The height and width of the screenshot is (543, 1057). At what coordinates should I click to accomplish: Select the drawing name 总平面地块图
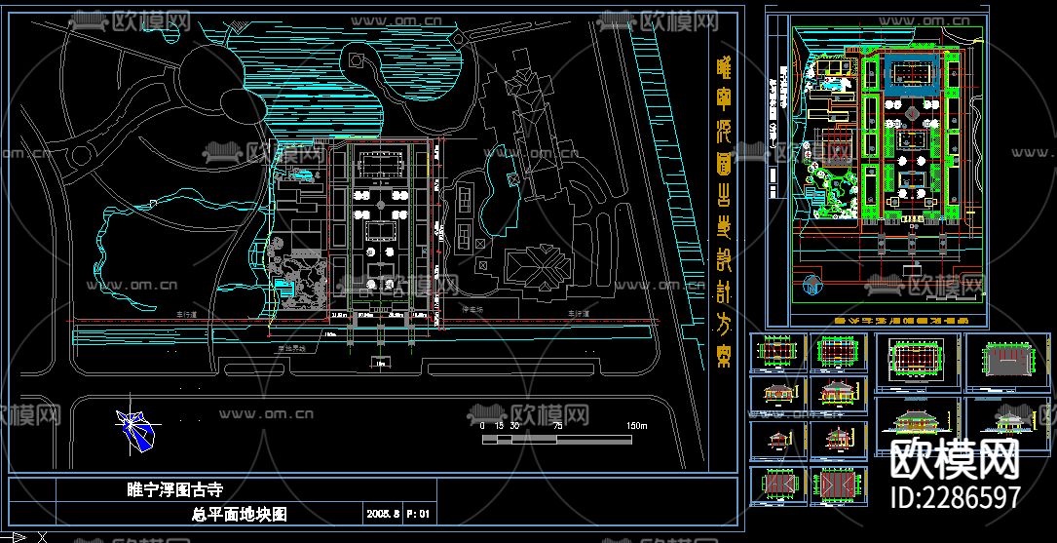240,513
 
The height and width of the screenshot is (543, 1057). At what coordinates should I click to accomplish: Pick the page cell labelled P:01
418,513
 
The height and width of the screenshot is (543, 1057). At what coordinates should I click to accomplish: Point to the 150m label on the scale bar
636,426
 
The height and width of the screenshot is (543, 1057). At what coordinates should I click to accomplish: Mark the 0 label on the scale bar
482,426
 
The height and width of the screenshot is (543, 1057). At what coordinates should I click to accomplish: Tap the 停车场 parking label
472,309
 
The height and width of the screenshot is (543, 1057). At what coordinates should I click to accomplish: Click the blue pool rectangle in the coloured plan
912,73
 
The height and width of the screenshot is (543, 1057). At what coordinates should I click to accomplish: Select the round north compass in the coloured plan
812,286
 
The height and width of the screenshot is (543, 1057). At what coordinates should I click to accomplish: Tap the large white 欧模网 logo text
955,458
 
